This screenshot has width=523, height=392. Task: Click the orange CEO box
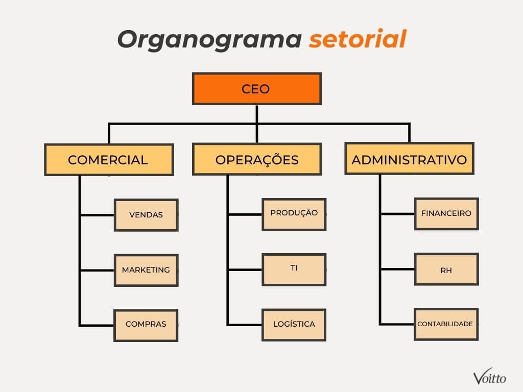[256, 89]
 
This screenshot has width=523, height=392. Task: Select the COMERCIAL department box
[108, 160]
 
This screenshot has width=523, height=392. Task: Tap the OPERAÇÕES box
[256, 159]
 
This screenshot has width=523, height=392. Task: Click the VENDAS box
[146, 215]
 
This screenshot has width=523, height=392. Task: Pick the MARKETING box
[146, 270]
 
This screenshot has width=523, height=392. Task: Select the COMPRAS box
[146, 325]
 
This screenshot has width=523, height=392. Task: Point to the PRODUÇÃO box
[294, 214]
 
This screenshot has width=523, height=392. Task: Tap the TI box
[294, 269]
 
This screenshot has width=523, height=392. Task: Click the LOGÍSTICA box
[294, 324]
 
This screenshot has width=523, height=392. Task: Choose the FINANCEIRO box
[446, 213]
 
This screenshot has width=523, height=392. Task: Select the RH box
[446, 269]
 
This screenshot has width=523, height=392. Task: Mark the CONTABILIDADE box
[446, 324]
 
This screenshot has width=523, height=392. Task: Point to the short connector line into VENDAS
[97, 215]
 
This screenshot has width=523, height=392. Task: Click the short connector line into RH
[397, 269]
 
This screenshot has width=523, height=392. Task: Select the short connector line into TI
[245, 269]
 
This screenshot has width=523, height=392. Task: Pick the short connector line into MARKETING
[97, 270]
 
